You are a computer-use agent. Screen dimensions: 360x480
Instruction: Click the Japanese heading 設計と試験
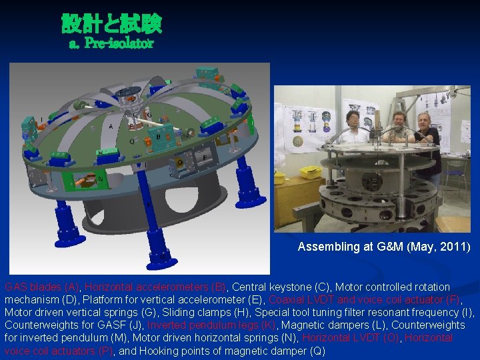click(x=111, y=25)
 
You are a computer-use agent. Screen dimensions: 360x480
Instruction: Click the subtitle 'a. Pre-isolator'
click(x=111, y=44)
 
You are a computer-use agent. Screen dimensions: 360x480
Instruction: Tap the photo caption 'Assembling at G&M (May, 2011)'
click(x=383, y=247)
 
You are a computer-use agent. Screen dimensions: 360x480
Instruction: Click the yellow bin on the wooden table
click(x=310, y=173)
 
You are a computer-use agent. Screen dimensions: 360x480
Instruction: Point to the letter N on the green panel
click(x=100, y=178)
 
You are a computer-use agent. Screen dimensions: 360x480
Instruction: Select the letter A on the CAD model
click(x=111, y=126)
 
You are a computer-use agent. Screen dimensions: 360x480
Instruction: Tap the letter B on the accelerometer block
click(x=158, y=136)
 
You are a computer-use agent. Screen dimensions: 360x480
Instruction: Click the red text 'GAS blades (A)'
click(x=42, y=287)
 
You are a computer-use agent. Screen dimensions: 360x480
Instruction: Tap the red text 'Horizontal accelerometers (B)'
click(x=156, y=287)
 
